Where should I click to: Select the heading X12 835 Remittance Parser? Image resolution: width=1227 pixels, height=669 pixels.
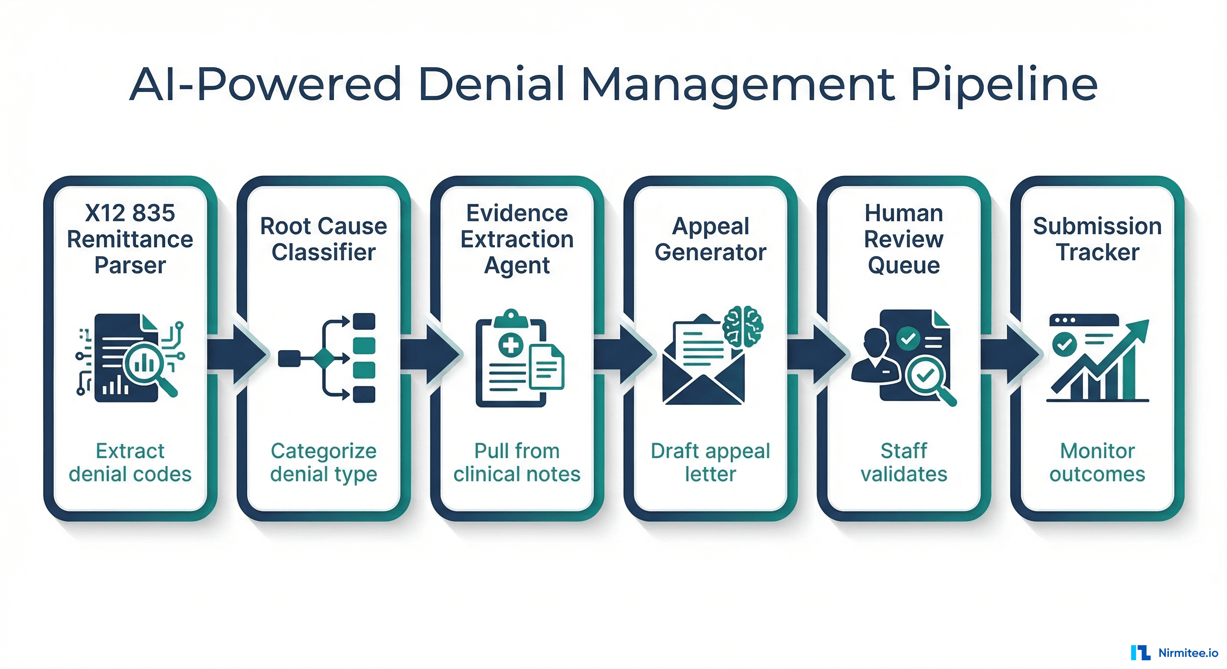tap(130, 239)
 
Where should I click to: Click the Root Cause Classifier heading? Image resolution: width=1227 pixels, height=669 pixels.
tap(323, 239)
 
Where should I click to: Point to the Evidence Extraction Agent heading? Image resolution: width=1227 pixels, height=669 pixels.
tap(517, 239)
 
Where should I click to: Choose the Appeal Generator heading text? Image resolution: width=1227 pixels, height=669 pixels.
tap(710, 239)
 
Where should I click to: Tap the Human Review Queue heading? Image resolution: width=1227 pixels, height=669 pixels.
tap(904, 239)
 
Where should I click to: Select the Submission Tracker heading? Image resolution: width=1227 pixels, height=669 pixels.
tap(1097, 239)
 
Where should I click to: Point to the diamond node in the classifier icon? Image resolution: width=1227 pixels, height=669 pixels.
tap(324, 358)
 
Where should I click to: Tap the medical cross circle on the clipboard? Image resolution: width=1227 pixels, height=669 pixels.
tap(511, 345)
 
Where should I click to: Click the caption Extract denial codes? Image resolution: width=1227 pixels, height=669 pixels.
tap(130, 463)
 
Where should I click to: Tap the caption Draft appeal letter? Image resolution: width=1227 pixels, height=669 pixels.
tap(710, 463)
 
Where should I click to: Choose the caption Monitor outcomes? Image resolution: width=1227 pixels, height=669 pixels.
tap(1097, 463)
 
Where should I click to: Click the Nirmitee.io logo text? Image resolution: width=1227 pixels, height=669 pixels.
tap(1187, 653)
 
